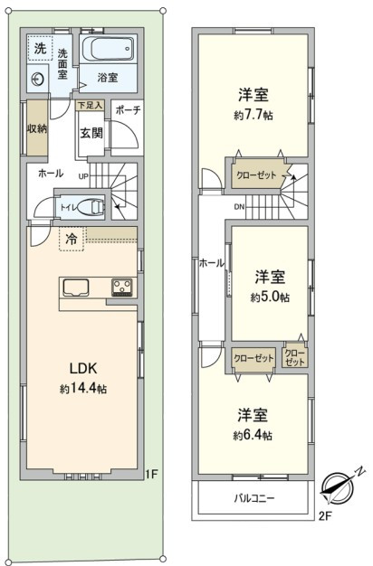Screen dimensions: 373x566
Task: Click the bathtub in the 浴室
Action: (x=108, y=49)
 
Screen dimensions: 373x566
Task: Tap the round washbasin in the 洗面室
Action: (x=37, y=79)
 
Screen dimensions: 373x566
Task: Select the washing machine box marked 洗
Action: (x=40, y=49)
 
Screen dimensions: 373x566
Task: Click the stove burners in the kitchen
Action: (x=122, y=288)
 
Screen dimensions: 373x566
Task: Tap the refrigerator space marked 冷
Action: (x=72, y=239)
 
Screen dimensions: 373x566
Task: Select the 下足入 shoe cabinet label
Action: (x=90, y=106)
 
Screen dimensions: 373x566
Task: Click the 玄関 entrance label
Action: (x=91, y=133)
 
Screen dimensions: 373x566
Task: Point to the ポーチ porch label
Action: (x=128, y=110)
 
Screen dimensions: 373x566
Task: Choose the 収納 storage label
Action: (x=37, y=128)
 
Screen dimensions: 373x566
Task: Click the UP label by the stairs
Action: (x=83, y=177)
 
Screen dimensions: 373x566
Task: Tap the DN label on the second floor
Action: (x=239, y=207)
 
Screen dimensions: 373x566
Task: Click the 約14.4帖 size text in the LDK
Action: (x=83, y=389)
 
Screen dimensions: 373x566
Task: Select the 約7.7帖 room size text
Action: (x=253, y=115)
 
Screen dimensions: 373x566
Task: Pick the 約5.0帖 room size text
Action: (x=271, y=297)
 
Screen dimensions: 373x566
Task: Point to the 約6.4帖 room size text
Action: (x=253, y=435)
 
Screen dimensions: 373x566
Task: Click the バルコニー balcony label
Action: (x=254, y=498)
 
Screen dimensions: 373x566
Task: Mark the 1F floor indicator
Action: (x=152, y=474)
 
